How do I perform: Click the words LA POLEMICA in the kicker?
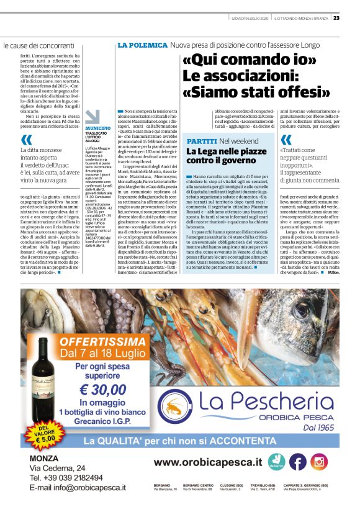[x=142, y=46]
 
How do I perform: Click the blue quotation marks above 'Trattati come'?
[x=286, y=140]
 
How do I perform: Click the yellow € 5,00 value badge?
[x=42, y=433]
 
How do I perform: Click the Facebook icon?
[x=297, y=462]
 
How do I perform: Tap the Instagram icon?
[x=319, y=462]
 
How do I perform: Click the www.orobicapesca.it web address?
[x=207, y=462]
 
